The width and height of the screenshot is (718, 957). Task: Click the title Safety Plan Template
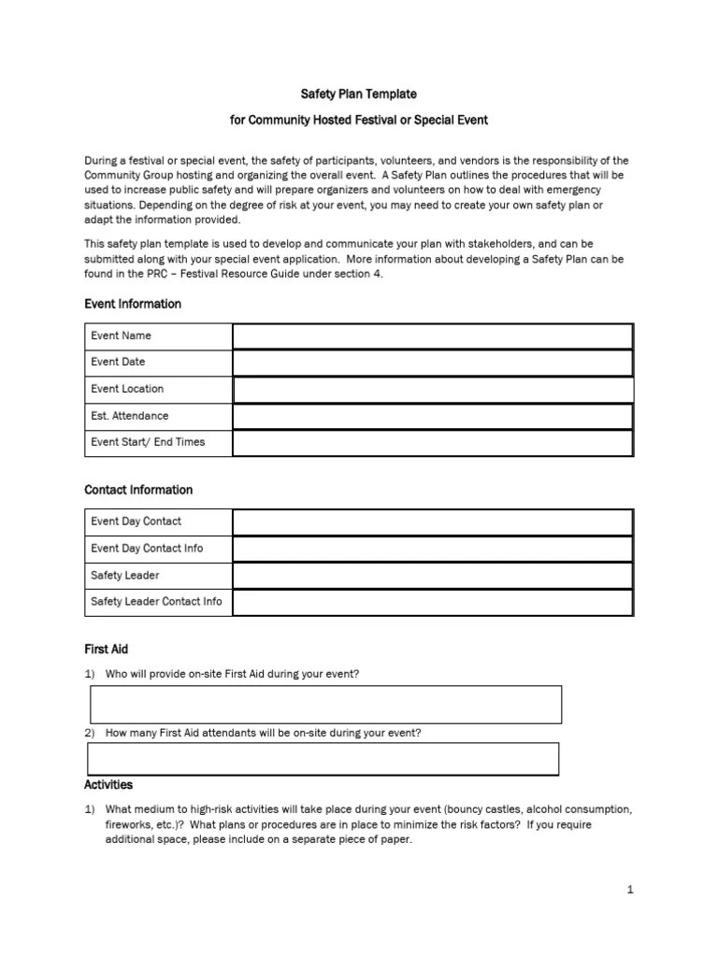pos(358,94)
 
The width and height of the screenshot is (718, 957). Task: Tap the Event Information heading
pos(132,304)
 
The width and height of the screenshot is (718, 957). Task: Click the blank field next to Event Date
pos(432,363)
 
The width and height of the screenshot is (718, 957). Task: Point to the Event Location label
pos(127,389)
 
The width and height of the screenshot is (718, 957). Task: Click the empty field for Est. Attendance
pos(432,416)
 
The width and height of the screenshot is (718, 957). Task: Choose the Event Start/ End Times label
pos(148,442)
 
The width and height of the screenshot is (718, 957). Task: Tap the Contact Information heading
pos(138,490)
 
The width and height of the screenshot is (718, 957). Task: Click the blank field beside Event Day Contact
pos(432,521)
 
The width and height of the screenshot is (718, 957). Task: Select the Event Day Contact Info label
pos(147,549)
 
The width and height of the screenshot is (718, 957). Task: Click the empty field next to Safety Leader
pos(432,576)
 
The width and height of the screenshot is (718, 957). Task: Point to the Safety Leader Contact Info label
pos(156,602)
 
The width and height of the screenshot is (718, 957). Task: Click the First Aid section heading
pos(108,649)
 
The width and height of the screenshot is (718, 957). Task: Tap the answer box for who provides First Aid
pos(325,705)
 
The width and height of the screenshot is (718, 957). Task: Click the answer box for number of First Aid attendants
pos(323,759)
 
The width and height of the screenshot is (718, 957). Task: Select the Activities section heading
pos(108,785)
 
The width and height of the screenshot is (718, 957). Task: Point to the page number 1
pos(631,890)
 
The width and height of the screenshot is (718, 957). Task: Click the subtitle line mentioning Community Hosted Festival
pos(358,121)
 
